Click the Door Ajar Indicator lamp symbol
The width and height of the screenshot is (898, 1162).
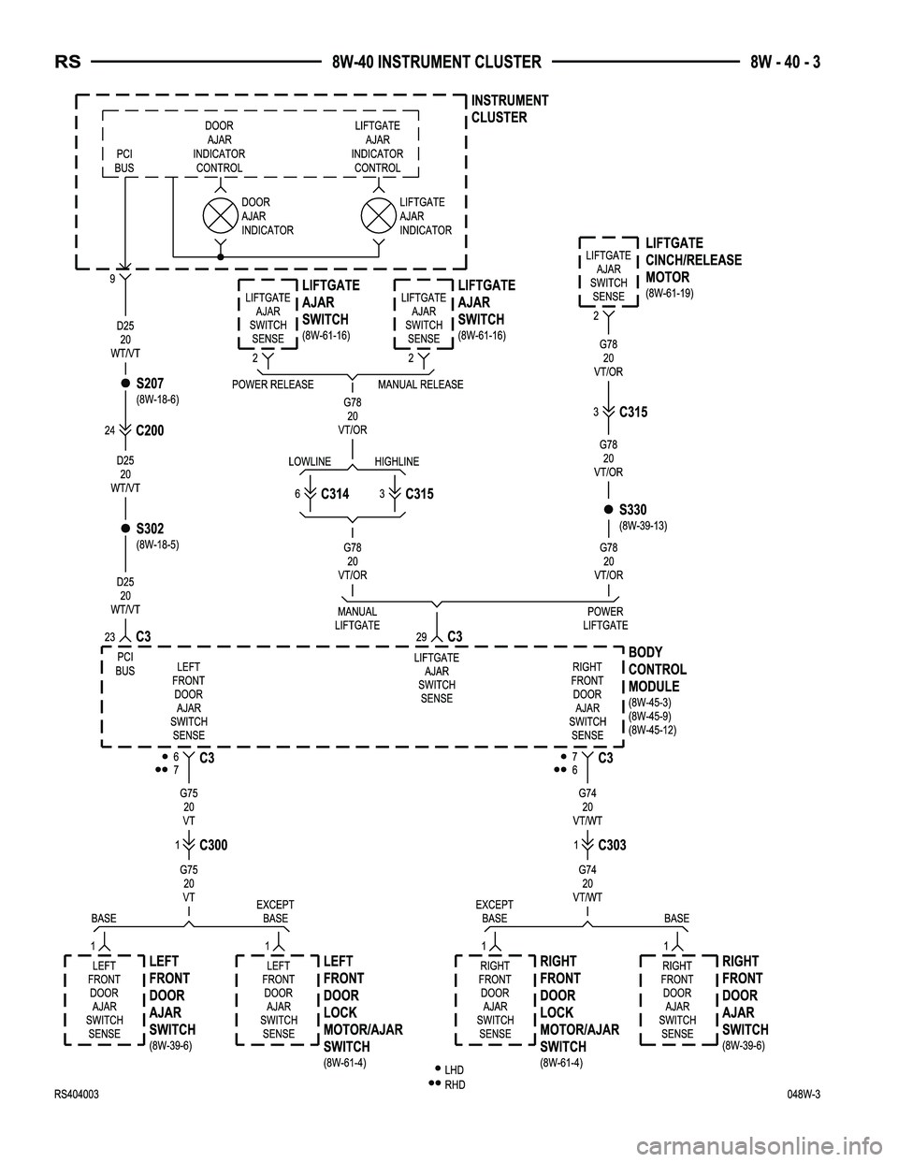(x=220, y=215)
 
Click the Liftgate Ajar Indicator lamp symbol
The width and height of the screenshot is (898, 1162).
(x=378, y=215)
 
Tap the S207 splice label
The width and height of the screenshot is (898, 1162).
(x=150, y=384)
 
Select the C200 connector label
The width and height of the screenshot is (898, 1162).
(x=151, y=431)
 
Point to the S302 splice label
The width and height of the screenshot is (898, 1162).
(x=150, y=530)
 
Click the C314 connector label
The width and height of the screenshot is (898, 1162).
(x=336, y=493)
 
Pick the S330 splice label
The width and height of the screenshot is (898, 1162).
(x=633, y=510)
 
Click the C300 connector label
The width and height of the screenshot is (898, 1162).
(x=213, y=845)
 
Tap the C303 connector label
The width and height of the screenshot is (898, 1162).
(x=612, y=845)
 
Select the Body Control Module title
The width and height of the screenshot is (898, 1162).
(x=657, y=670)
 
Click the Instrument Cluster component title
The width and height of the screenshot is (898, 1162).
(x=510, y=109)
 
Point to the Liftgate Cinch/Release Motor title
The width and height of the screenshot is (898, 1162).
(x=693, y=260)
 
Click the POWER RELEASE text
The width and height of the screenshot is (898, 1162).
(x=272, y=385)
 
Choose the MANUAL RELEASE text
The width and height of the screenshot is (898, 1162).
(x=420, y=385)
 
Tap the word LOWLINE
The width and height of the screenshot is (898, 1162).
(x=310, y=462)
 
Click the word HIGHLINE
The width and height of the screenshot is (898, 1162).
(x=397, y=462)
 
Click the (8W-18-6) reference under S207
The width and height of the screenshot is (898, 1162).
(x=157, y=399)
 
